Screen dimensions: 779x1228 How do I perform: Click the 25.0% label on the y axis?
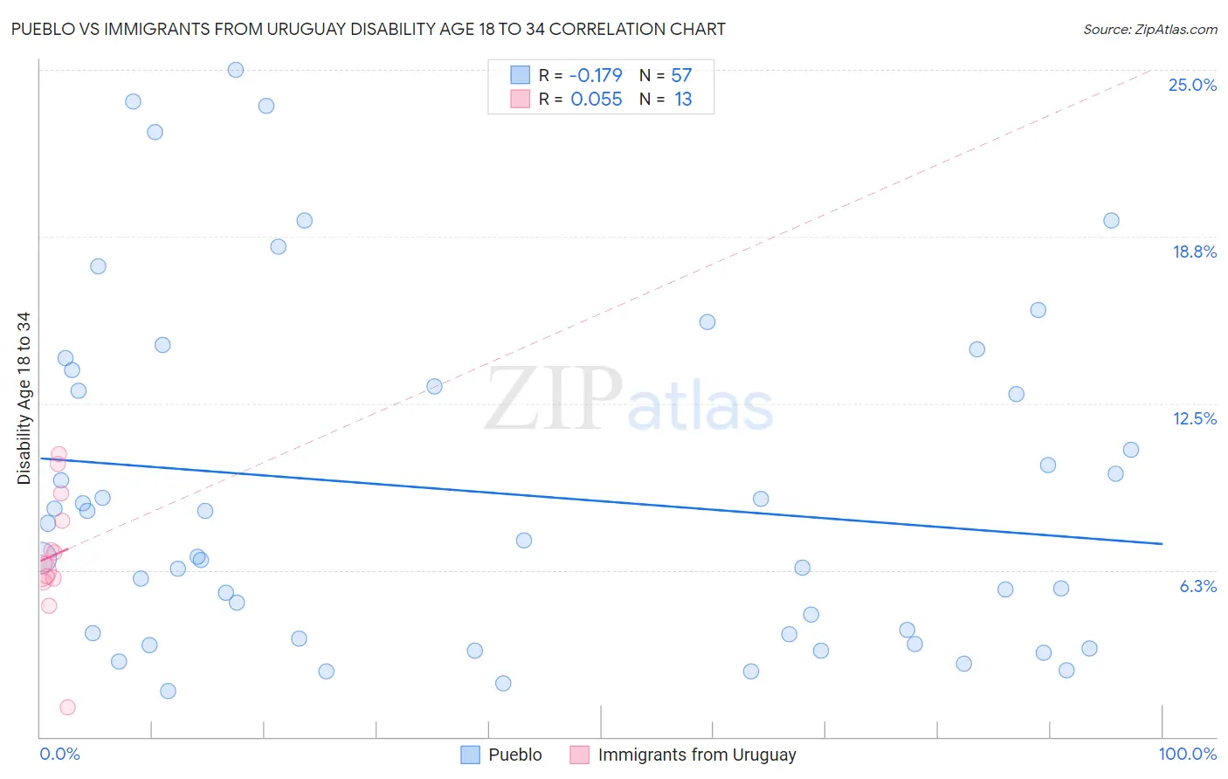1192,86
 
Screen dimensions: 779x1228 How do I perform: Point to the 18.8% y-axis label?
1194,252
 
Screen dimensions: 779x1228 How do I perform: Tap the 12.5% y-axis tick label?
1194,419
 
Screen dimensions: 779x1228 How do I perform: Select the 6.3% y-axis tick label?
1197,587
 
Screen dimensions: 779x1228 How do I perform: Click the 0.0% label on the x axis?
59,755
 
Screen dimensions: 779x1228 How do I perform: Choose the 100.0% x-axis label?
1187,755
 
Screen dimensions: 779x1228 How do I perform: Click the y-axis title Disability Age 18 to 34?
24,398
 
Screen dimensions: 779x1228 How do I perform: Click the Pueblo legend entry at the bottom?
514,755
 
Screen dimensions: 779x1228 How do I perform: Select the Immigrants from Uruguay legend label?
696,755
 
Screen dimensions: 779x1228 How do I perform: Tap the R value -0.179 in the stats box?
596,76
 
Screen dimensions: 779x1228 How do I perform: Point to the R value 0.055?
596,100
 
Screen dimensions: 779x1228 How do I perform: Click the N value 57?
681,76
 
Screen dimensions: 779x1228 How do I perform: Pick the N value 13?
682,100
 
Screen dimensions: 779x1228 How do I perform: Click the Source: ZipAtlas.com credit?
1149,30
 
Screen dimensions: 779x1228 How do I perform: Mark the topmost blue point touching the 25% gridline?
236,70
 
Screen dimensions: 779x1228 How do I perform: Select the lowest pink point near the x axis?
67,707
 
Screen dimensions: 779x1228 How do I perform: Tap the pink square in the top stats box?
521,99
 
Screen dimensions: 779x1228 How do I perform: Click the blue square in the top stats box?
521,75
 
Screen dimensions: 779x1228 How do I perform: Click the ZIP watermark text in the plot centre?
554,399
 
